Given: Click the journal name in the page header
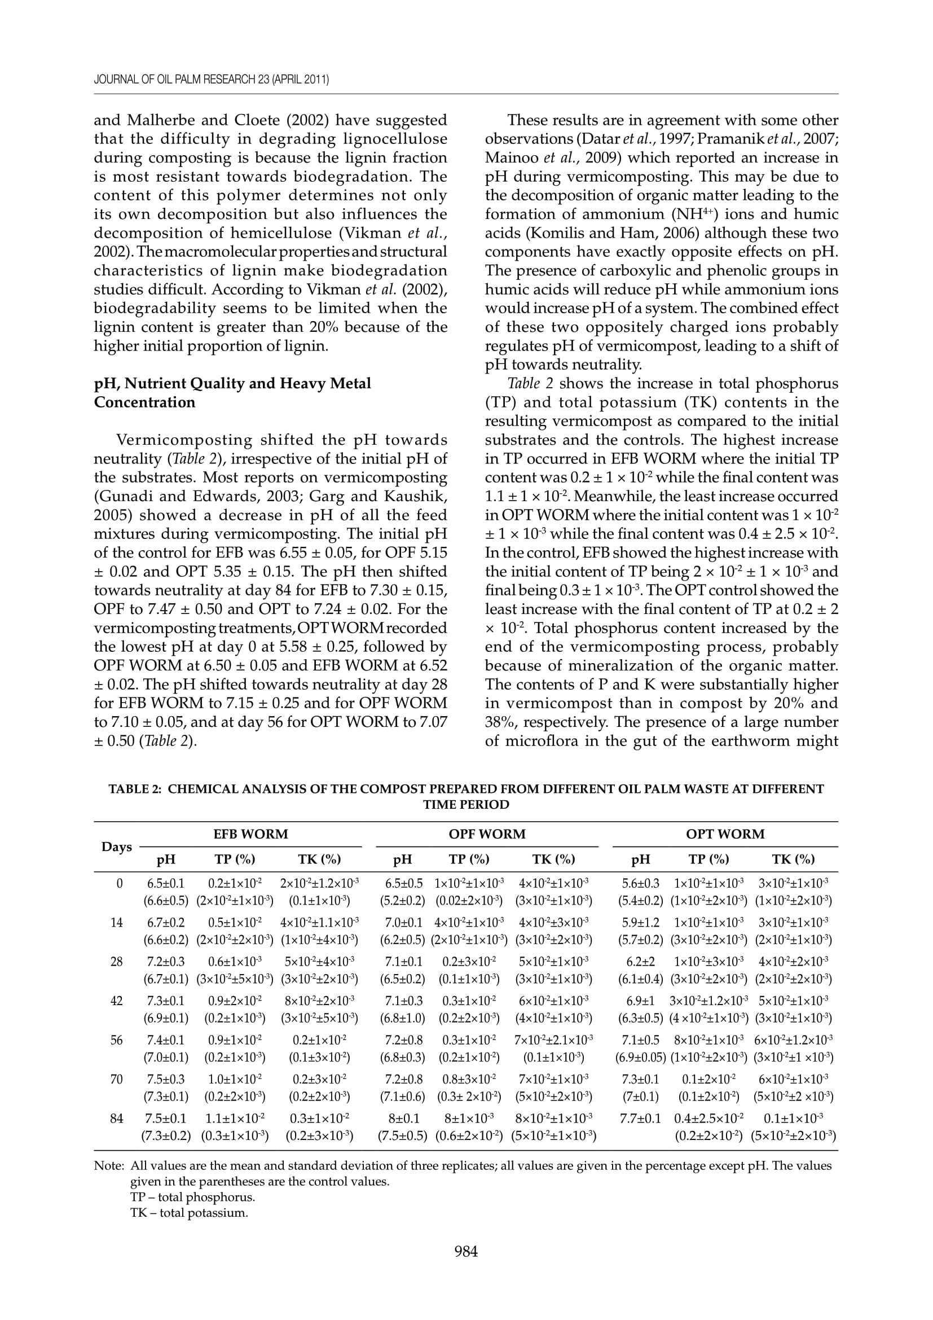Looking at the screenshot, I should (211, 80).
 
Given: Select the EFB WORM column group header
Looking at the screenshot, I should (250, 834).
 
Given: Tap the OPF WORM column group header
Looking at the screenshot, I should (487, 834).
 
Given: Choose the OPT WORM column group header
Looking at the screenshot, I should (725, 834).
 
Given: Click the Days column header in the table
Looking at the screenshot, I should (117, 847).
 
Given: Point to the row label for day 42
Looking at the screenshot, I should (117, 1001).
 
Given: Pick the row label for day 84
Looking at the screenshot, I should (117, 1118).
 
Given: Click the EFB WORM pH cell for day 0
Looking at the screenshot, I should (165, 883).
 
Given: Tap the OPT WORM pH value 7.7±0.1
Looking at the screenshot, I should (640, 1118).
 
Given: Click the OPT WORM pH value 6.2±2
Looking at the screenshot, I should (640, 961).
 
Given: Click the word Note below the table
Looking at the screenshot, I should (108, 1166).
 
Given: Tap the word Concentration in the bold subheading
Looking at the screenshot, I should (145, 402).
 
